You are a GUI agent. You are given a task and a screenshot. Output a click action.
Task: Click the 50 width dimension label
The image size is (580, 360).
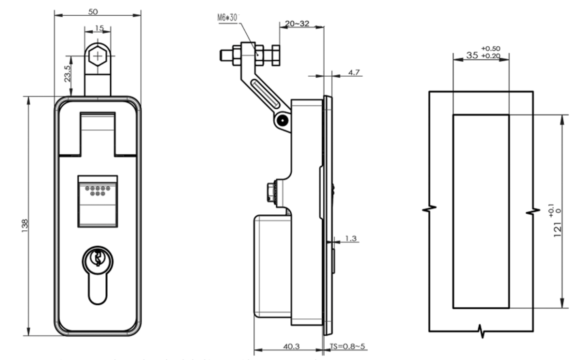pyautogui.click(x=93, y=12)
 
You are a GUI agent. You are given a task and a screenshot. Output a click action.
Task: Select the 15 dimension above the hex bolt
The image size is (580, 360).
pyautogui.click(x=99, y=28)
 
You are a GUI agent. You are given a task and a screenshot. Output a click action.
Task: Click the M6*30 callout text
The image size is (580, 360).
pyautogui.click(x=227, y=18)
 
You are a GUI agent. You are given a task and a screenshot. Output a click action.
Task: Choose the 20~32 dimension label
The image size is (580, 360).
pyautogui.click(x=297, y=24)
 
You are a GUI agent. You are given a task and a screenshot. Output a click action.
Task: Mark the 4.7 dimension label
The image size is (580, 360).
pyautogui.click(x=354, y=72)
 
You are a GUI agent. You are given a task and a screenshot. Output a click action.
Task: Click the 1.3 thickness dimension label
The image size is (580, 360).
pyautogui.click(x=351, y=238)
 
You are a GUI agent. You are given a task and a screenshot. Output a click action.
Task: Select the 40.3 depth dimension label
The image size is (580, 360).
pyautogui.click(x=291, y=346)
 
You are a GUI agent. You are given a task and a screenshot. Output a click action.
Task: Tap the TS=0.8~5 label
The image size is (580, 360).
pyautogui.click(x=347, y=346)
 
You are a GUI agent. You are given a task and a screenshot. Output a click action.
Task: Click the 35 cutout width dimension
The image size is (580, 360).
pyautogui.click(x=472, y=55)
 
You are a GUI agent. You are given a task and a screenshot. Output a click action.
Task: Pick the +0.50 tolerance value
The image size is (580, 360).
pyautogui.click(x=491, y=48)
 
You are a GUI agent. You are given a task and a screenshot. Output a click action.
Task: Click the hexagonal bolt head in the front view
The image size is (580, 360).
pyautogui.click(x=97, y=56)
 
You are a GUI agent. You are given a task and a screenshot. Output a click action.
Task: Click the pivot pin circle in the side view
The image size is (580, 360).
pyautogui.click(x=282, y=120)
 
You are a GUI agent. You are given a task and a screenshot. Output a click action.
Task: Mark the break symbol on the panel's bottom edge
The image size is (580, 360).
pyautogui.click(x=482, y=331)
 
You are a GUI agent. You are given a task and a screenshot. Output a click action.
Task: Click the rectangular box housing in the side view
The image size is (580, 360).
pyautogui.click(x=272, y=266)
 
